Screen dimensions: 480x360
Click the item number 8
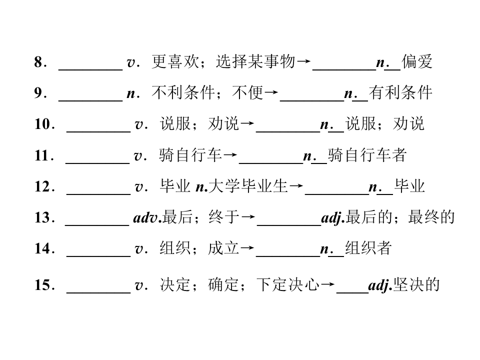coord(38,62)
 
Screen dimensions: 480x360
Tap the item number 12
coord(42,186)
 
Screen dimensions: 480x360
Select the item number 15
coord(42,284)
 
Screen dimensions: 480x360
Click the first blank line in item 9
coord(90,100)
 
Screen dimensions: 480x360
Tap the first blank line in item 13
coord(97,225)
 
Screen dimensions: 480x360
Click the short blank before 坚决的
coord(352,293)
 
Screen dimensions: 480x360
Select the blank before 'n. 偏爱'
coord(344,70)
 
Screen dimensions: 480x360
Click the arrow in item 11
coord(230,154)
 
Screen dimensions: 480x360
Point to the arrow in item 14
coord(247,247)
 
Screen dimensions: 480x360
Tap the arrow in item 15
coord(327,284)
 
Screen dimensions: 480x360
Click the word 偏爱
coord(417,61)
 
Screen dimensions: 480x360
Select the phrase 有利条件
coord(400,92)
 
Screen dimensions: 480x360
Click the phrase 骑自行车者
coord(367,155)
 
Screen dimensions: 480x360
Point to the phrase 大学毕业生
coord(248,186)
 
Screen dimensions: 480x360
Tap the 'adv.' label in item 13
coord(147,217)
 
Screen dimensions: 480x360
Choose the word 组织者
coord(368,247)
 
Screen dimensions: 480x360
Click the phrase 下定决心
coord(288,284)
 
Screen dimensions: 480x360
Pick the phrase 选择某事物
coord(255,61)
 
